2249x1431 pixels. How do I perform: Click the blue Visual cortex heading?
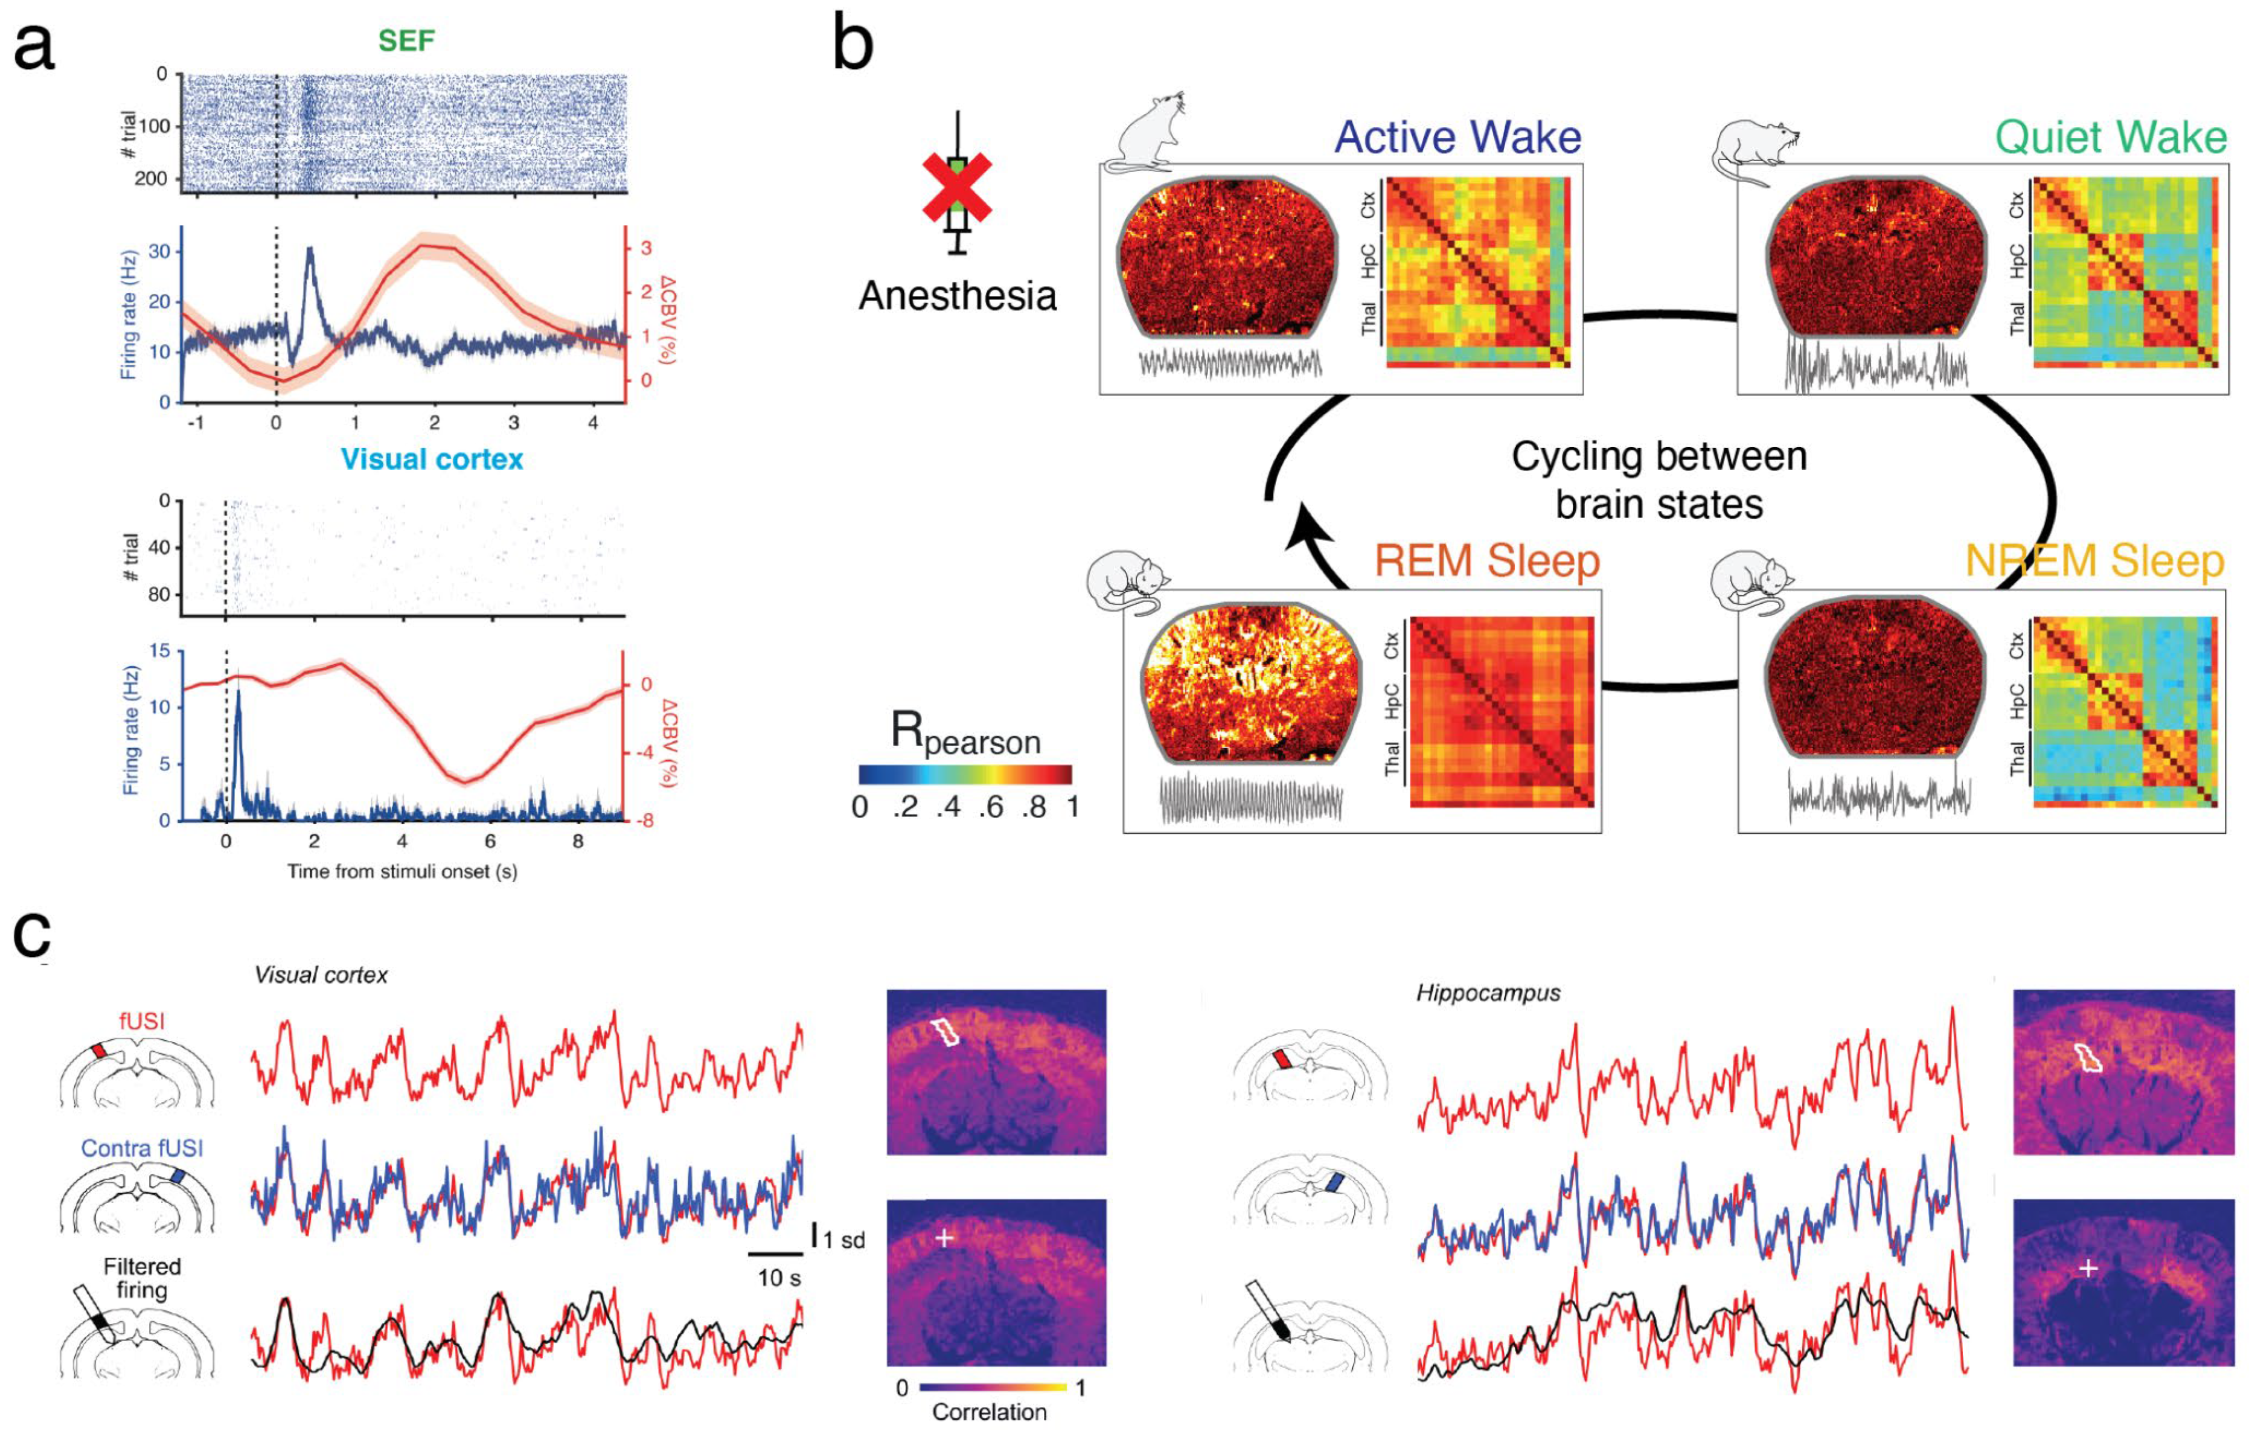coord(432,459)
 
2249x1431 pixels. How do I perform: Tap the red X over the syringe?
coord(956,190)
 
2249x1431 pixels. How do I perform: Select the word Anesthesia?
coord(958,296)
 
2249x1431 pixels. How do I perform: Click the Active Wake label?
coord(1457,137)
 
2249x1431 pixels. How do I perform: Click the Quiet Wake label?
coord(2111,137)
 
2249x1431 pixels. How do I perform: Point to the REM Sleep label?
coord(1487,560)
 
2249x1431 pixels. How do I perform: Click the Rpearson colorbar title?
coord(965,733)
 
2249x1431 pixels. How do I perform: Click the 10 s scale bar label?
coord(778,1278)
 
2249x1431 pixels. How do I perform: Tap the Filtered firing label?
coord(142,1279)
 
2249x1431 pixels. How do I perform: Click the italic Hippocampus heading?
coord(1488,992)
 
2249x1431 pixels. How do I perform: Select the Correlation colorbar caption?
coord(989,1412)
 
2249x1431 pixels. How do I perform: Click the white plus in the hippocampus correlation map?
coord(2089,1267)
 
